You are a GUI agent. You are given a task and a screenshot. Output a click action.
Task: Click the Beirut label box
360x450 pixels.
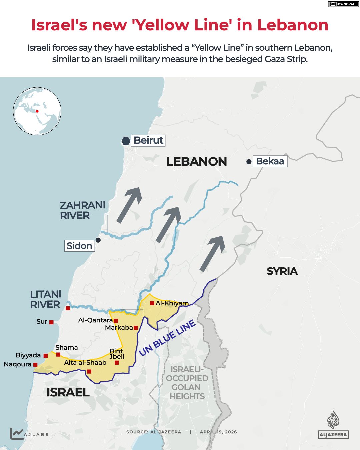click(x=148, y=140)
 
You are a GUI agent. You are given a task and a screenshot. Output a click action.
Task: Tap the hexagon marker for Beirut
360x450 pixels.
click(x=126, y=141)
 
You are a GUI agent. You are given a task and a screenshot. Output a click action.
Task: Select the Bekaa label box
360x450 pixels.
click(x=270, y=161)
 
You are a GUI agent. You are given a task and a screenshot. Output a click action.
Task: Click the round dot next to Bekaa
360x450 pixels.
click(x=249, y=162)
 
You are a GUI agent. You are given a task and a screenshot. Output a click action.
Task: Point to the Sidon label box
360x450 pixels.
click(x=79, y=246)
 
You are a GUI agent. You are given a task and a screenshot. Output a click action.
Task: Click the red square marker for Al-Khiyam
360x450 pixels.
click(x=152, y=303)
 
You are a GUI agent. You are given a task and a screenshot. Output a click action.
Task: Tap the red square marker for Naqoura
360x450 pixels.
click(x=35, y=365)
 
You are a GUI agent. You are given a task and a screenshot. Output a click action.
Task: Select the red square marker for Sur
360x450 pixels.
click(x=51, y=322)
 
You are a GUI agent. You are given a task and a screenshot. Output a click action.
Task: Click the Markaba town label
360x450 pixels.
click(x=119, y=328)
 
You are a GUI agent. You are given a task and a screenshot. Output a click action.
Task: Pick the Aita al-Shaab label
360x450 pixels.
click(x=85, y=363)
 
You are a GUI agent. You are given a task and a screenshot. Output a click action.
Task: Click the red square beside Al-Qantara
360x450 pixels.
click(x=116, y=321)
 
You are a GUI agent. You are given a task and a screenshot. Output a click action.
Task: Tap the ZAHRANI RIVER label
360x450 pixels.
click(x=82, y=210)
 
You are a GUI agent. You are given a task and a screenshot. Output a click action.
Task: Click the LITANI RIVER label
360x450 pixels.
click(x=46, y=299)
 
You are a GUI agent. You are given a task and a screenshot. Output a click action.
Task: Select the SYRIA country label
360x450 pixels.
click(x=282, y=271)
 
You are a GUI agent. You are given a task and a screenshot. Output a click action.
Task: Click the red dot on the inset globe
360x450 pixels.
click(x=37, y=111)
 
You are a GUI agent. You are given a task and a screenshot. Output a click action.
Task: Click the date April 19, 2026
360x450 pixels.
click(x=218, y=432)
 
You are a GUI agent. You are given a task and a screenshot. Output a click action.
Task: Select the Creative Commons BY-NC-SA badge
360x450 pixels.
click(x=342, y=4)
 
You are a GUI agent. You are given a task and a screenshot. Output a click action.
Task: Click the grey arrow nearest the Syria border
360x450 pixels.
click(x=212, y=253)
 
